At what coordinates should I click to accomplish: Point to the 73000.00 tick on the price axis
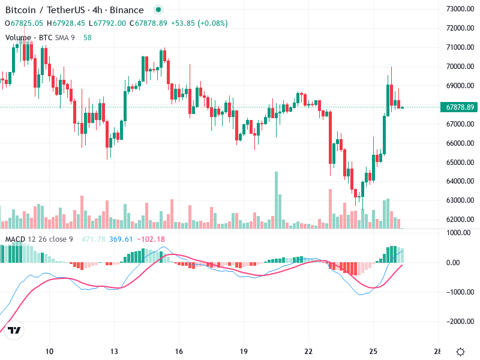click(461, 9)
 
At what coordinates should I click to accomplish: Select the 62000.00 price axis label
click(461, 220)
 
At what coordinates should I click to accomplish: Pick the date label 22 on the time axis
click(308, 351)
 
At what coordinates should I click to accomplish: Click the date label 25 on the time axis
click(373, 351)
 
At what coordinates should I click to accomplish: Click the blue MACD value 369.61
click(121, 239)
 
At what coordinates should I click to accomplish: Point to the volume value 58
click(88, 37)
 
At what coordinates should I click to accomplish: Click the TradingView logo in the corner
click(15, 331)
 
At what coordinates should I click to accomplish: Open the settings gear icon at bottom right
click(461, 351)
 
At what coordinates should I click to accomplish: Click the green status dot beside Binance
click(158, 10)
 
